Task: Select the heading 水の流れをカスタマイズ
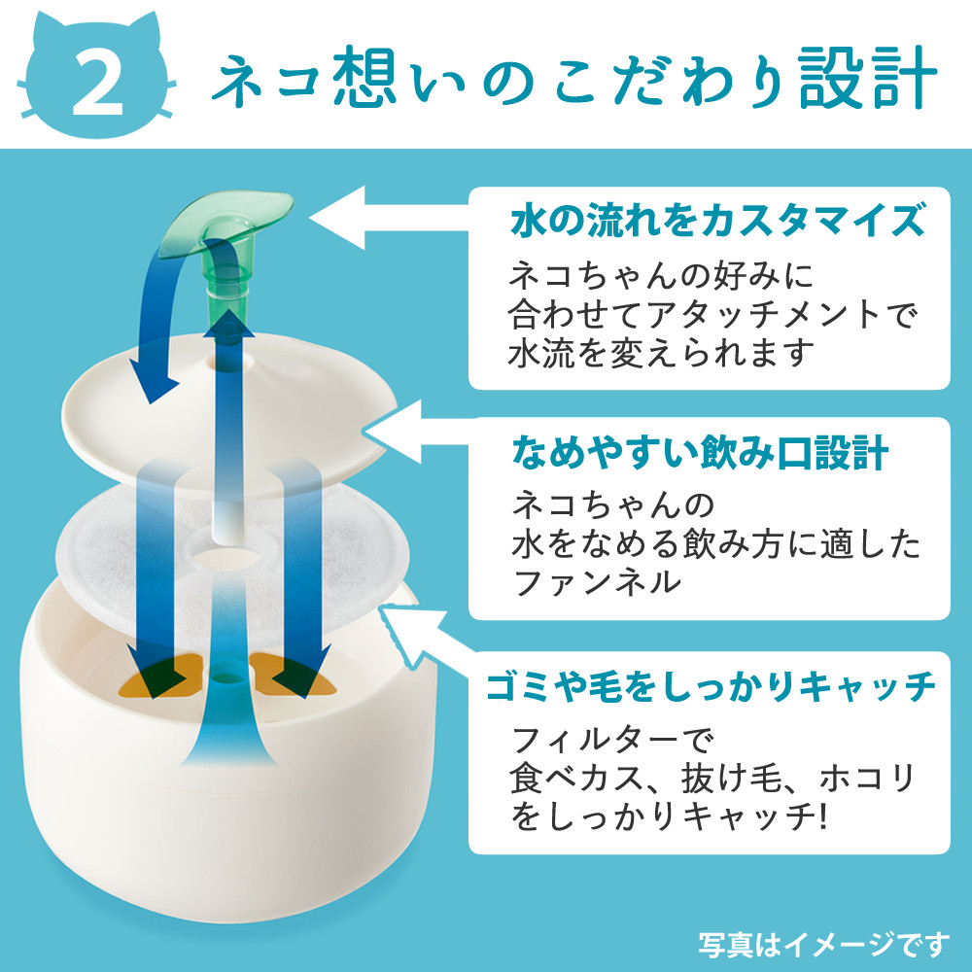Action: pyautogui.click(x=715, y=222)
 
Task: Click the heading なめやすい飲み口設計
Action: pyautogui.click(x=699, y=452)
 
